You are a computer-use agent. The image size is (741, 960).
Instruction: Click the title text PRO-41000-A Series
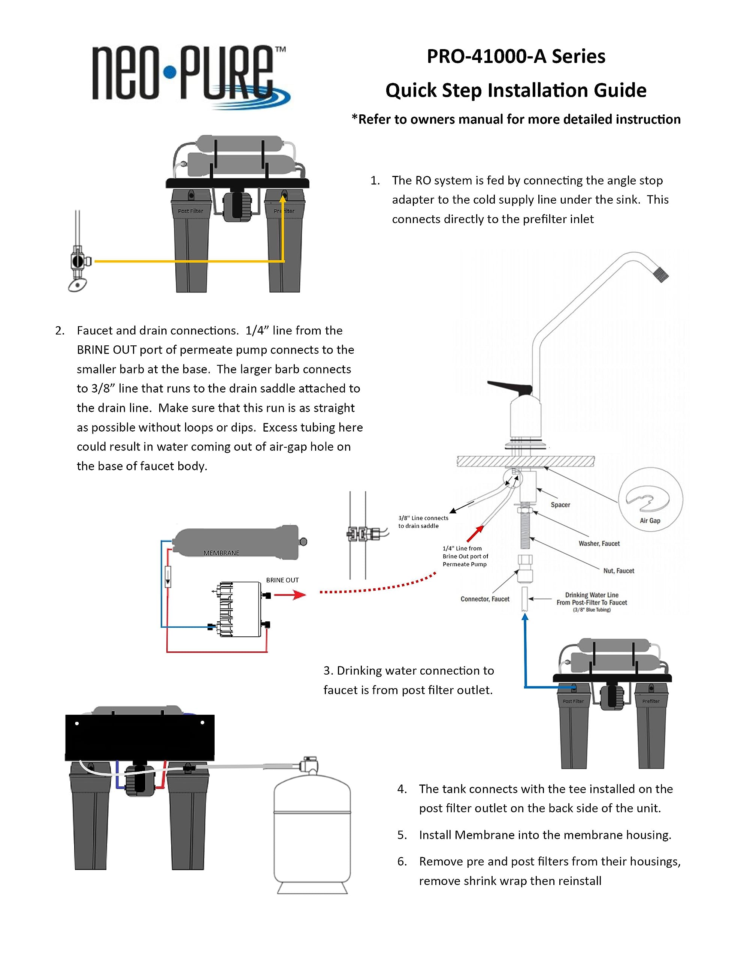516,57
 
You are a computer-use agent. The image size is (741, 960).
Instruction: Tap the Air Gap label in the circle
650,520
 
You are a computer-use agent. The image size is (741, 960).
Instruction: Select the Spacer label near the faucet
560,505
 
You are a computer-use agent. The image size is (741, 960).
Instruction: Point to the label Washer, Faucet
599,543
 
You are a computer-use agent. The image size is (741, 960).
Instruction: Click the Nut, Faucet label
618,570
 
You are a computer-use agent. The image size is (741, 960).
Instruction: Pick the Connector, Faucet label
484,598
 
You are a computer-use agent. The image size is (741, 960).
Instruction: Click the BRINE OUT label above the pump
282,580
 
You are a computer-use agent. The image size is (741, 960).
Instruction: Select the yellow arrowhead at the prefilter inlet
283,199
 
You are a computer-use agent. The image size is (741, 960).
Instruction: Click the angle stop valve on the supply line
78,261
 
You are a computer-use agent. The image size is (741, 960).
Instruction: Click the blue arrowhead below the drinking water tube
524,617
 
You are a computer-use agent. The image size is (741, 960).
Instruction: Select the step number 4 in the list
402,789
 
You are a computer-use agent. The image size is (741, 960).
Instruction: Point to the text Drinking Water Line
591,595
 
